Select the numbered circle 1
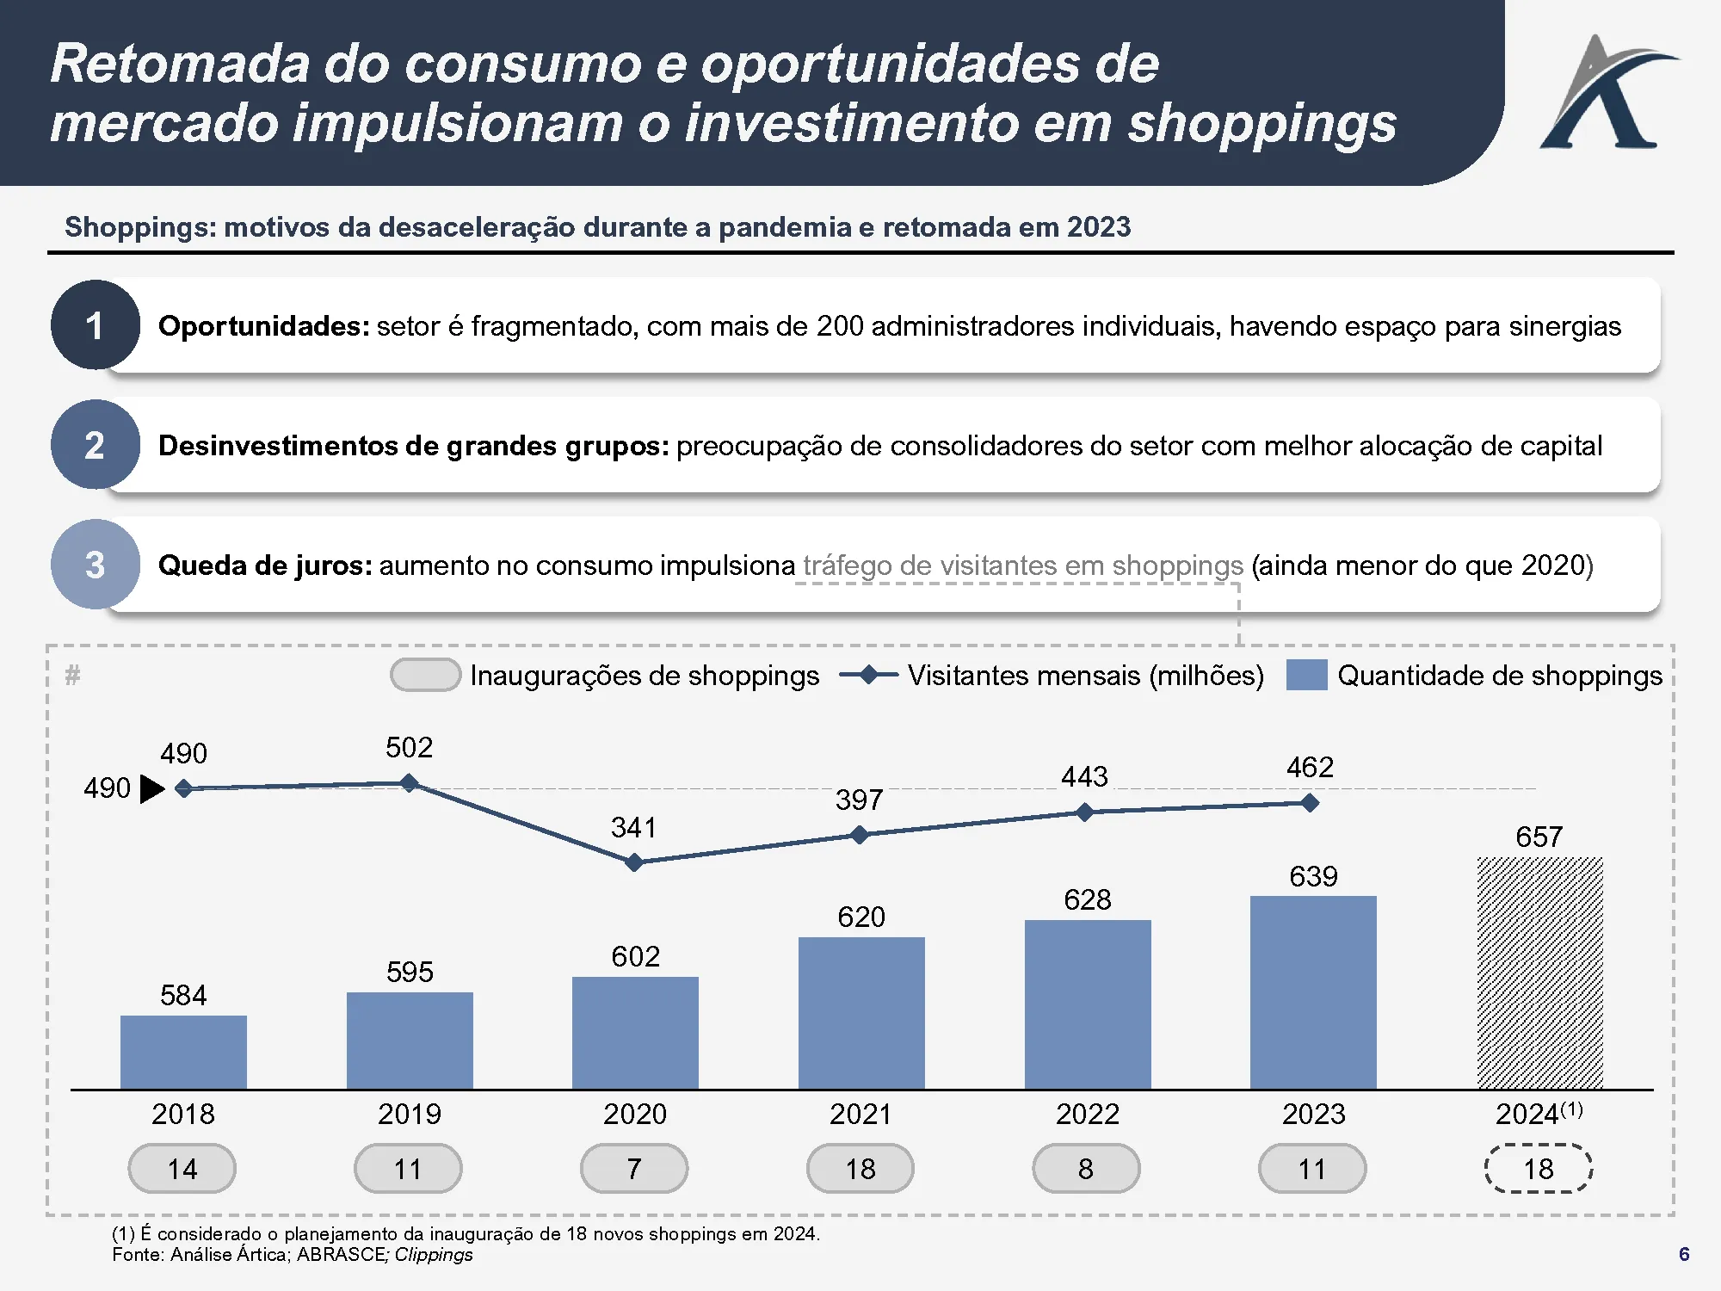coord(95,325)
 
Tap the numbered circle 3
coord(95,565)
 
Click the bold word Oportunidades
coord(263,326)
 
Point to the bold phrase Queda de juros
coord(265,565)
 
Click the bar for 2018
coord(183,1052)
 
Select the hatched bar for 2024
coord(1539,973)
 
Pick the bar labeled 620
coord(861,1013)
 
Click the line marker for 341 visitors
coord(634,862)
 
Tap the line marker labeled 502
coord(410,783)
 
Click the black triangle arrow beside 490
coord(151,788)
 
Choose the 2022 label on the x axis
coord(1087,1114)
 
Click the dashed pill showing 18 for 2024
coord(1539,1169)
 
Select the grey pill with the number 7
coord(634,1169)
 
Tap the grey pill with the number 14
coord(182,1169)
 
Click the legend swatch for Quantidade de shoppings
coord(1306,675)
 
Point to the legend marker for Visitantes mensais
coord(868,675)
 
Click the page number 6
coord(1684,1254)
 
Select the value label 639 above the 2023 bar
coord(1313,876)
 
